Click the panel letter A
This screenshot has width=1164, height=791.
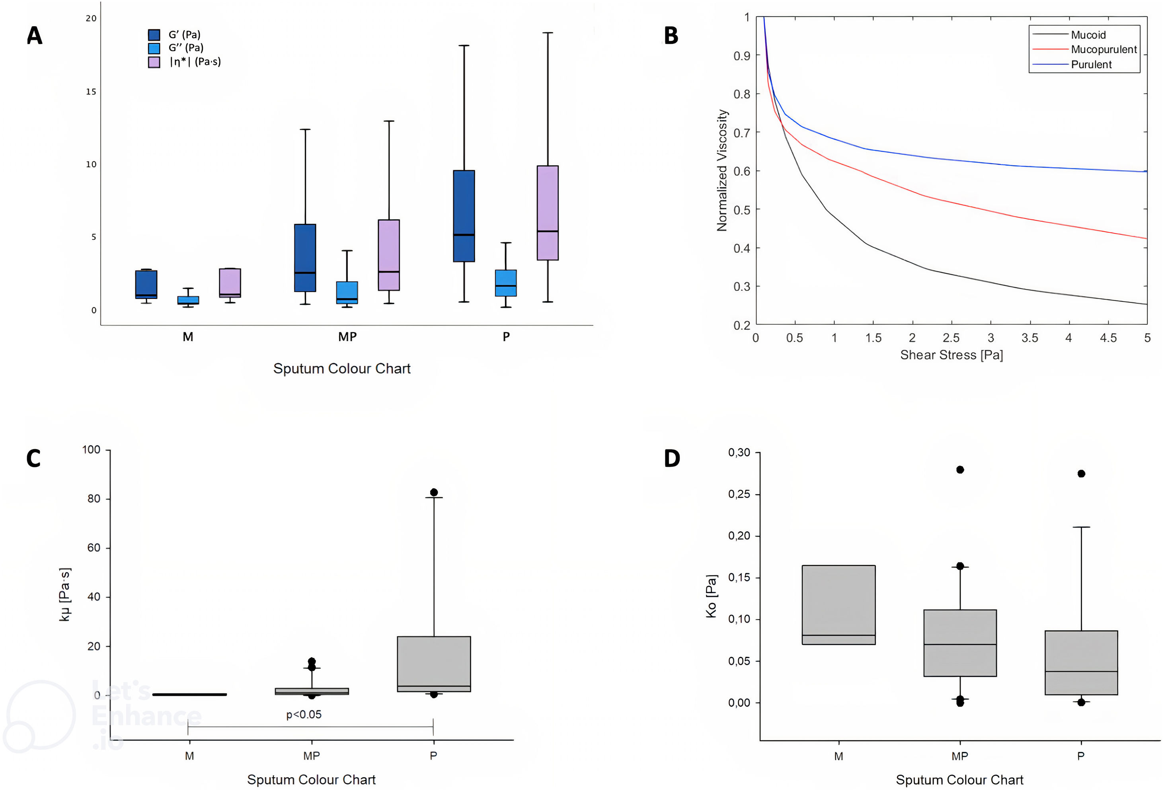click(35, 35)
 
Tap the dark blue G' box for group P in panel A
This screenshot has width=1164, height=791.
click(464, 215)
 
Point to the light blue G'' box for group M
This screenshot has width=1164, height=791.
click(188, 300)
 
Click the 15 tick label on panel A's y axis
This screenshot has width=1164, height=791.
click(91, 92)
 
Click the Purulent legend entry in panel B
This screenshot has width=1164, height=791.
click(1091, 64)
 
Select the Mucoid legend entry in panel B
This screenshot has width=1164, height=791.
click(1088, 35)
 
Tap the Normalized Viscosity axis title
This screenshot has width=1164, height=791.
click(722, 170)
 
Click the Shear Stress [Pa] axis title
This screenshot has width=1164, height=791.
click(951, 355)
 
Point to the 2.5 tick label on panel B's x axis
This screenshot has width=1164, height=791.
click(951, 338)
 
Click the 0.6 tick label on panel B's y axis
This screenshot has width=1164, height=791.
click(742, 171)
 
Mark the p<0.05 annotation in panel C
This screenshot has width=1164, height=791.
click(304, 714)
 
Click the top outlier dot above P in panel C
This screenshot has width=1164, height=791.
click(434, 492)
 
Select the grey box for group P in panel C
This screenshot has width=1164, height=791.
click(434, 664)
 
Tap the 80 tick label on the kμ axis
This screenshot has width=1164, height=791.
click(94, 498)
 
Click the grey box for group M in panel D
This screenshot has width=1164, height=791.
click(838, 604)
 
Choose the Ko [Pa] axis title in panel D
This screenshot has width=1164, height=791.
click(711, 596)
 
